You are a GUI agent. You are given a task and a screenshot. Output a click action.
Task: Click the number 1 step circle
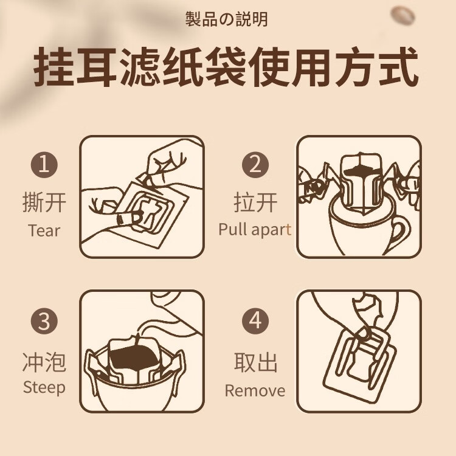[x=44, y=164]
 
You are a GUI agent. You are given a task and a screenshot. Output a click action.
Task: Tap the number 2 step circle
[x=255, y=164]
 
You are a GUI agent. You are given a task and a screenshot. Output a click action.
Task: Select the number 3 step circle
[x=44, y=321]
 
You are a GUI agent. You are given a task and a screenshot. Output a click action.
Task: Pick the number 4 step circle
[x=255, y=321]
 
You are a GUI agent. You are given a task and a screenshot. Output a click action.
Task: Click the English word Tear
[x=44, y=230]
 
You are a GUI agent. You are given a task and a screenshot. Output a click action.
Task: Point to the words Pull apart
[x=255, y=230]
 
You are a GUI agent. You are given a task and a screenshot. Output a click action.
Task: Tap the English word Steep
[x=44, y=388]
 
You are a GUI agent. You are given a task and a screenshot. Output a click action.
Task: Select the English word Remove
[x=255, y=390]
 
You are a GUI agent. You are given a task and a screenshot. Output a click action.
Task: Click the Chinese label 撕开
[x=44, y=202]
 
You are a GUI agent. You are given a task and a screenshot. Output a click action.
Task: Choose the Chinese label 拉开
[x=255, y=202]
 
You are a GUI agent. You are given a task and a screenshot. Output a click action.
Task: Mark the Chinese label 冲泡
[x=44, y=362]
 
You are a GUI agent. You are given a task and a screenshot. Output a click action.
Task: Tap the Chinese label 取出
[x=255, y=362]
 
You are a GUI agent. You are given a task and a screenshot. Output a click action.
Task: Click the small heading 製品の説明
[x=227, y=20]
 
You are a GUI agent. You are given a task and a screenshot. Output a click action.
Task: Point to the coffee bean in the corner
[x=402, y=16]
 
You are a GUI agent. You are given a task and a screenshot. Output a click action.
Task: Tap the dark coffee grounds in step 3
[x=134, y=357]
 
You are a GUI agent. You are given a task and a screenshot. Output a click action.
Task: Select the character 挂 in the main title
[x=54, y=67]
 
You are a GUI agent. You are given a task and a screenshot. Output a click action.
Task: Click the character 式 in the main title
[x=399, y=67]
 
